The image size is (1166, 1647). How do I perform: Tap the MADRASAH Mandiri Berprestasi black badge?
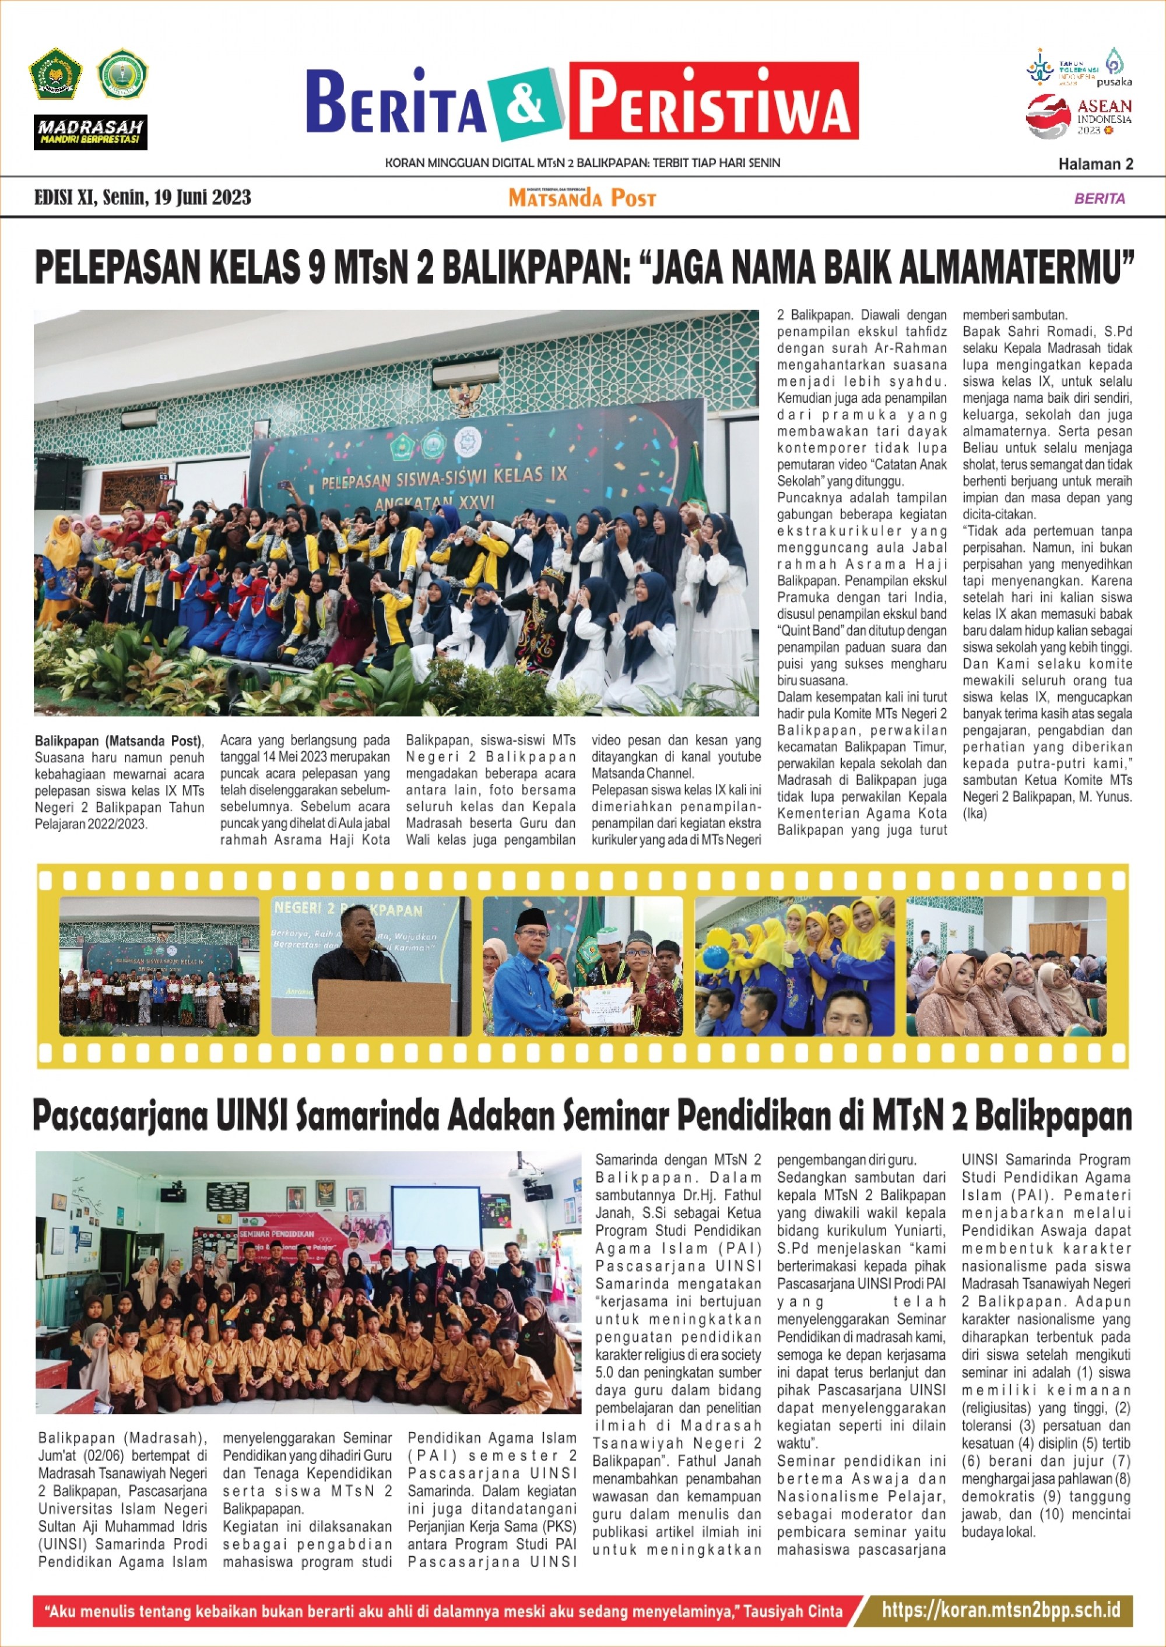(x=90, y=132)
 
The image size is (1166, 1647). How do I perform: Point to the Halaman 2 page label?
(x=1095, y=164)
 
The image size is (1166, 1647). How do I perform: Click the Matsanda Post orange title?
(x=582, y=198)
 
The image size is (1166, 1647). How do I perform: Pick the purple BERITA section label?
(x=1099, y=198)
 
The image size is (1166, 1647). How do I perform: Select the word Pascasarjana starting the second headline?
(x=119, y=1117)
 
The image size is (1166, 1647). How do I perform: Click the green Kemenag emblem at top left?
(x=55, y=74)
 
